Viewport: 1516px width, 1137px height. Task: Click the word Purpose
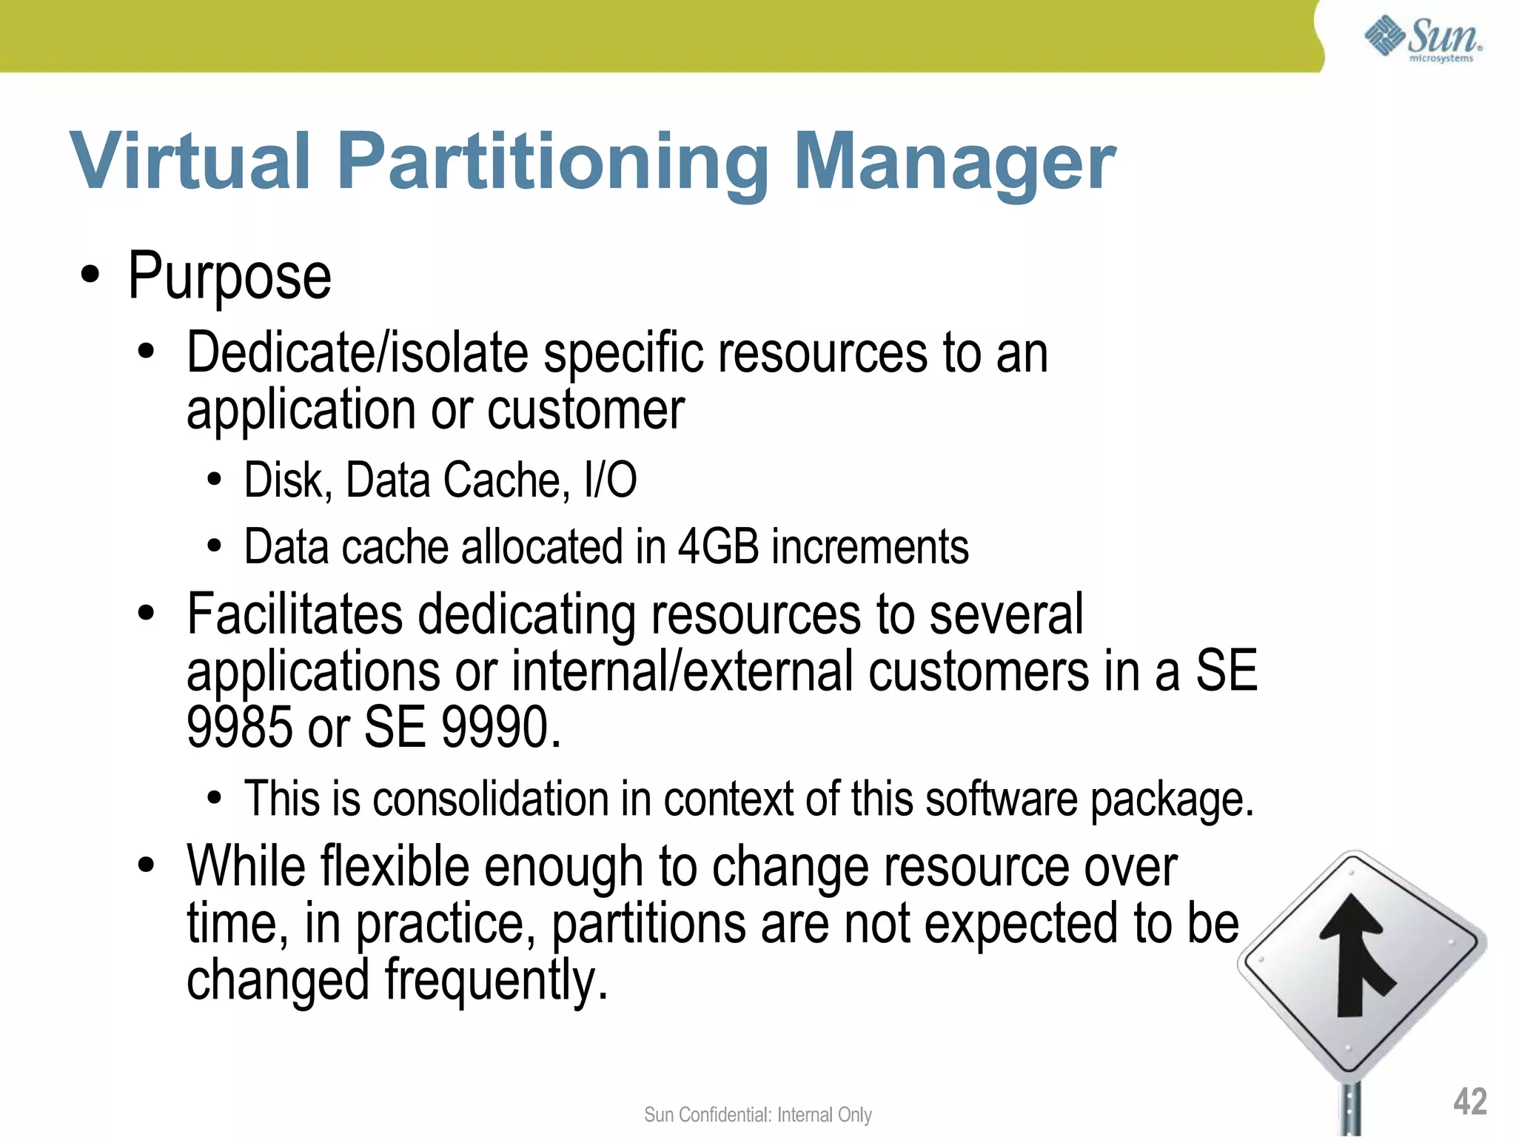(x=229, y=277)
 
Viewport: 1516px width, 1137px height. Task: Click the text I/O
(x=609, y=480)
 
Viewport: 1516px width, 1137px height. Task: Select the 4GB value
(x=718, y=547)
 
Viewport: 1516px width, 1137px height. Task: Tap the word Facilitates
(x=295, y=614)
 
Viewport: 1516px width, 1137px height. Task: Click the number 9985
(x=240, y=727)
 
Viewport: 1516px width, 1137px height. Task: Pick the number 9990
(x=496, y=727)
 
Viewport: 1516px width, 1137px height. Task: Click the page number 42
(x=1469, y=1101)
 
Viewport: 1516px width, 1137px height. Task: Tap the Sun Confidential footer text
(x=757, y=1115)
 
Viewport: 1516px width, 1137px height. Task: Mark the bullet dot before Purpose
(x=90, y=276)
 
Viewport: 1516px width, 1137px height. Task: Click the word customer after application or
(x=586, y=409)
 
